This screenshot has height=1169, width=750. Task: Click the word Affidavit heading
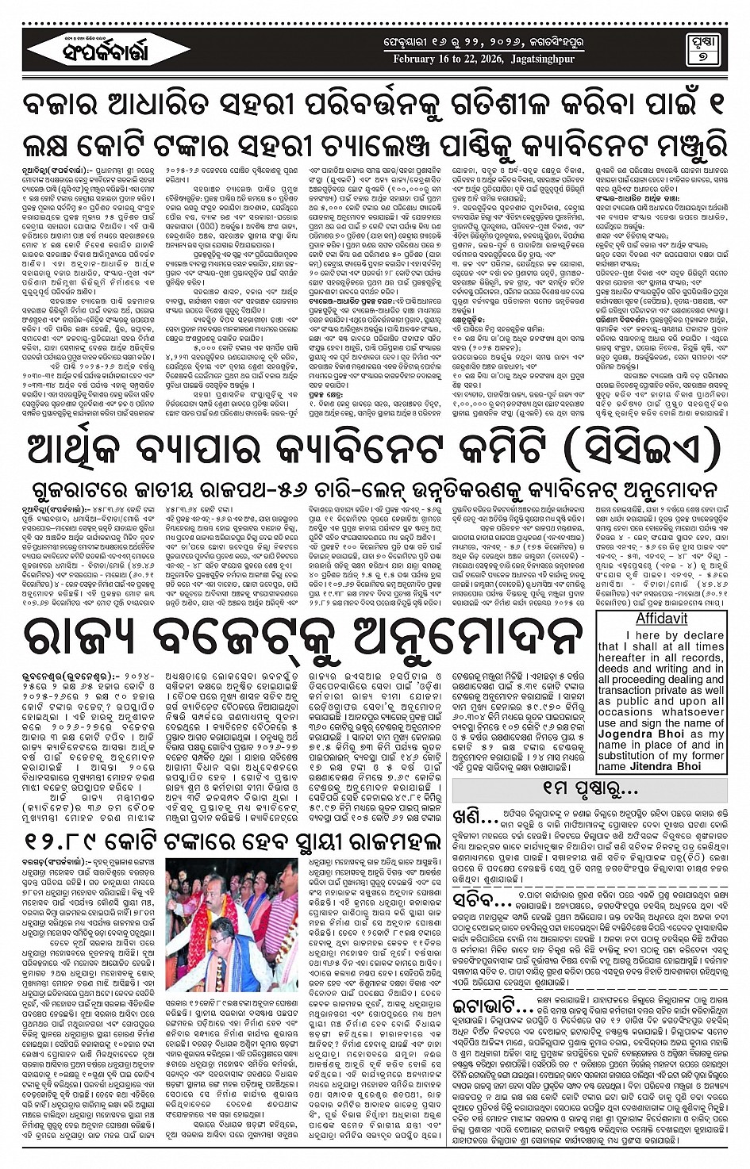(x=661, y=619)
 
